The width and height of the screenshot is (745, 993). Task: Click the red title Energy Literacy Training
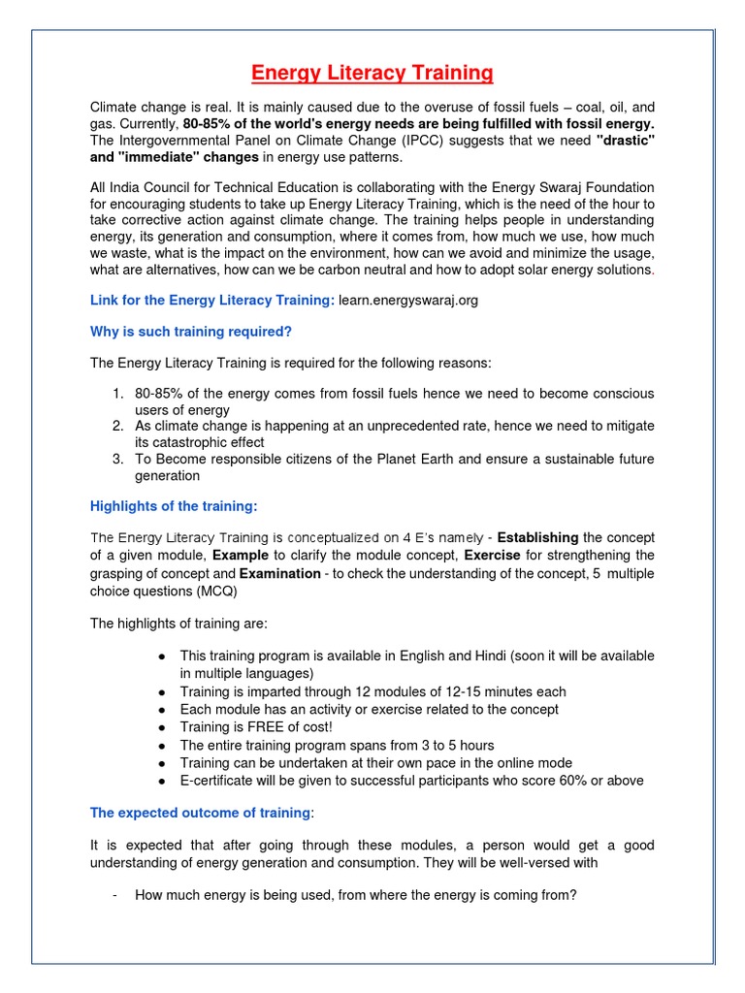(x=372, y=74)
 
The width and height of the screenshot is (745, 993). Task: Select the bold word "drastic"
(x=625, y=141)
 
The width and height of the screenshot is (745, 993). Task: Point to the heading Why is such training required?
(x=191, y=332)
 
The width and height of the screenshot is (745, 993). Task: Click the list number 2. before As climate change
(x=117, y=426)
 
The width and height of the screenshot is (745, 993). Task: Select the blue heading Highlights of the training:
(x=174, y=506)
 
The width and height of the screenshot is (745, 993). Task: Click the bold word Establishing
(x=537, y=537)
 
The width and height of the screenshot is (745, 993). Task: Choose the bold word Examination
(x=279, y=573)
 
